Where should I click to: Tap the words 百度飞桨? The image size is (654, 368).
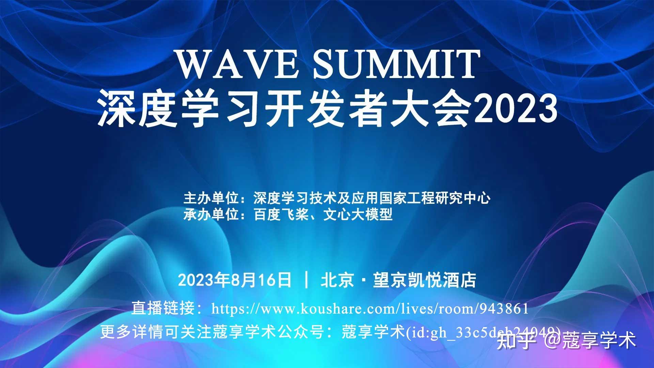click(281, 215)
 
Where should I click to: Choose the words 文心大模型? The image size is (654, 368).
click(358, 215)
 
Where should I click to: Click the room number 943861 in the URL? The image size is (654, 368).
click(504, 309)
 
